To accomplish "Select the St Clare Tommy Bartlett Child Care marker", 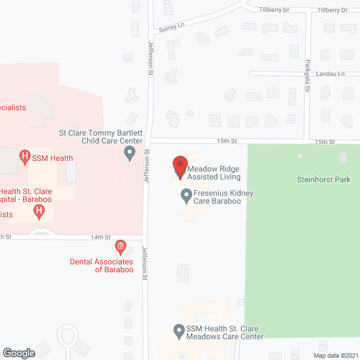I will [129, 152].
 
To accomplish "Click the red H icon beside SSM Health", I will [25, 156].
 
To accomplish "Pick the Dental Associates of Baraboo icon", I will [120, 246].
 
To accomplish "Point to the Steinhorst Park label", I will [323, 180].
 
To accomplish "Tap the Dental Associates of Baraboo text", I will [101, 265].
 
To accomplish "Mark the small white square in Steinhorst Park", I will [300, 156].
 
